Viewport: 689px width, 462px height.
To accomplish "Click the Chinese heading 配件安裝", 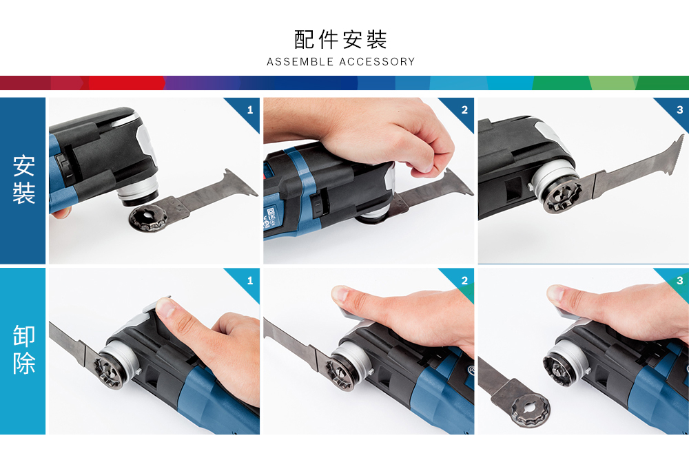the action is (x=340, y=39).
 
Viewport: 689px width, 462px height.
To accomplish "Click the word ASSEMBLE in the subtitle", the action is (x=300, y=61).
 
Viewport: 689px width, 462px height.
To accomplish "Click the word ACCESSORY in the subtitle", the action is (x=378, y=61).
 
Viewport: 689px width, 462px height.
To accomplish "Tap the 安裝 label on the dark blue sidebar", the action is (x=23, y=179).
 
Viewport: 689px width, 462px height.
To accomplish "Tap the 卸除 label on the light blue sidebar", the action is (x=23, y=349).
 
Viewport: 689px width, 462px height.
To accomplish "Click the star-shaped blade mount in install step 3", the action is (x=563, y=197).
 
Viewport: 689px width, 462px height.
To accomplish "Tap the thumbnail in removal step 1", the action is (x=164, y=306).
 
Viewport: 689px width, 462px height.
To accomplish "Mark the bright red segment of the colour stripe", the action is (x=127, y=83).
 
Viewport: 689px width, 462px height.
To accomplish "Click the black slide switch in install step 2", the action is (x=317, y=206).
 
